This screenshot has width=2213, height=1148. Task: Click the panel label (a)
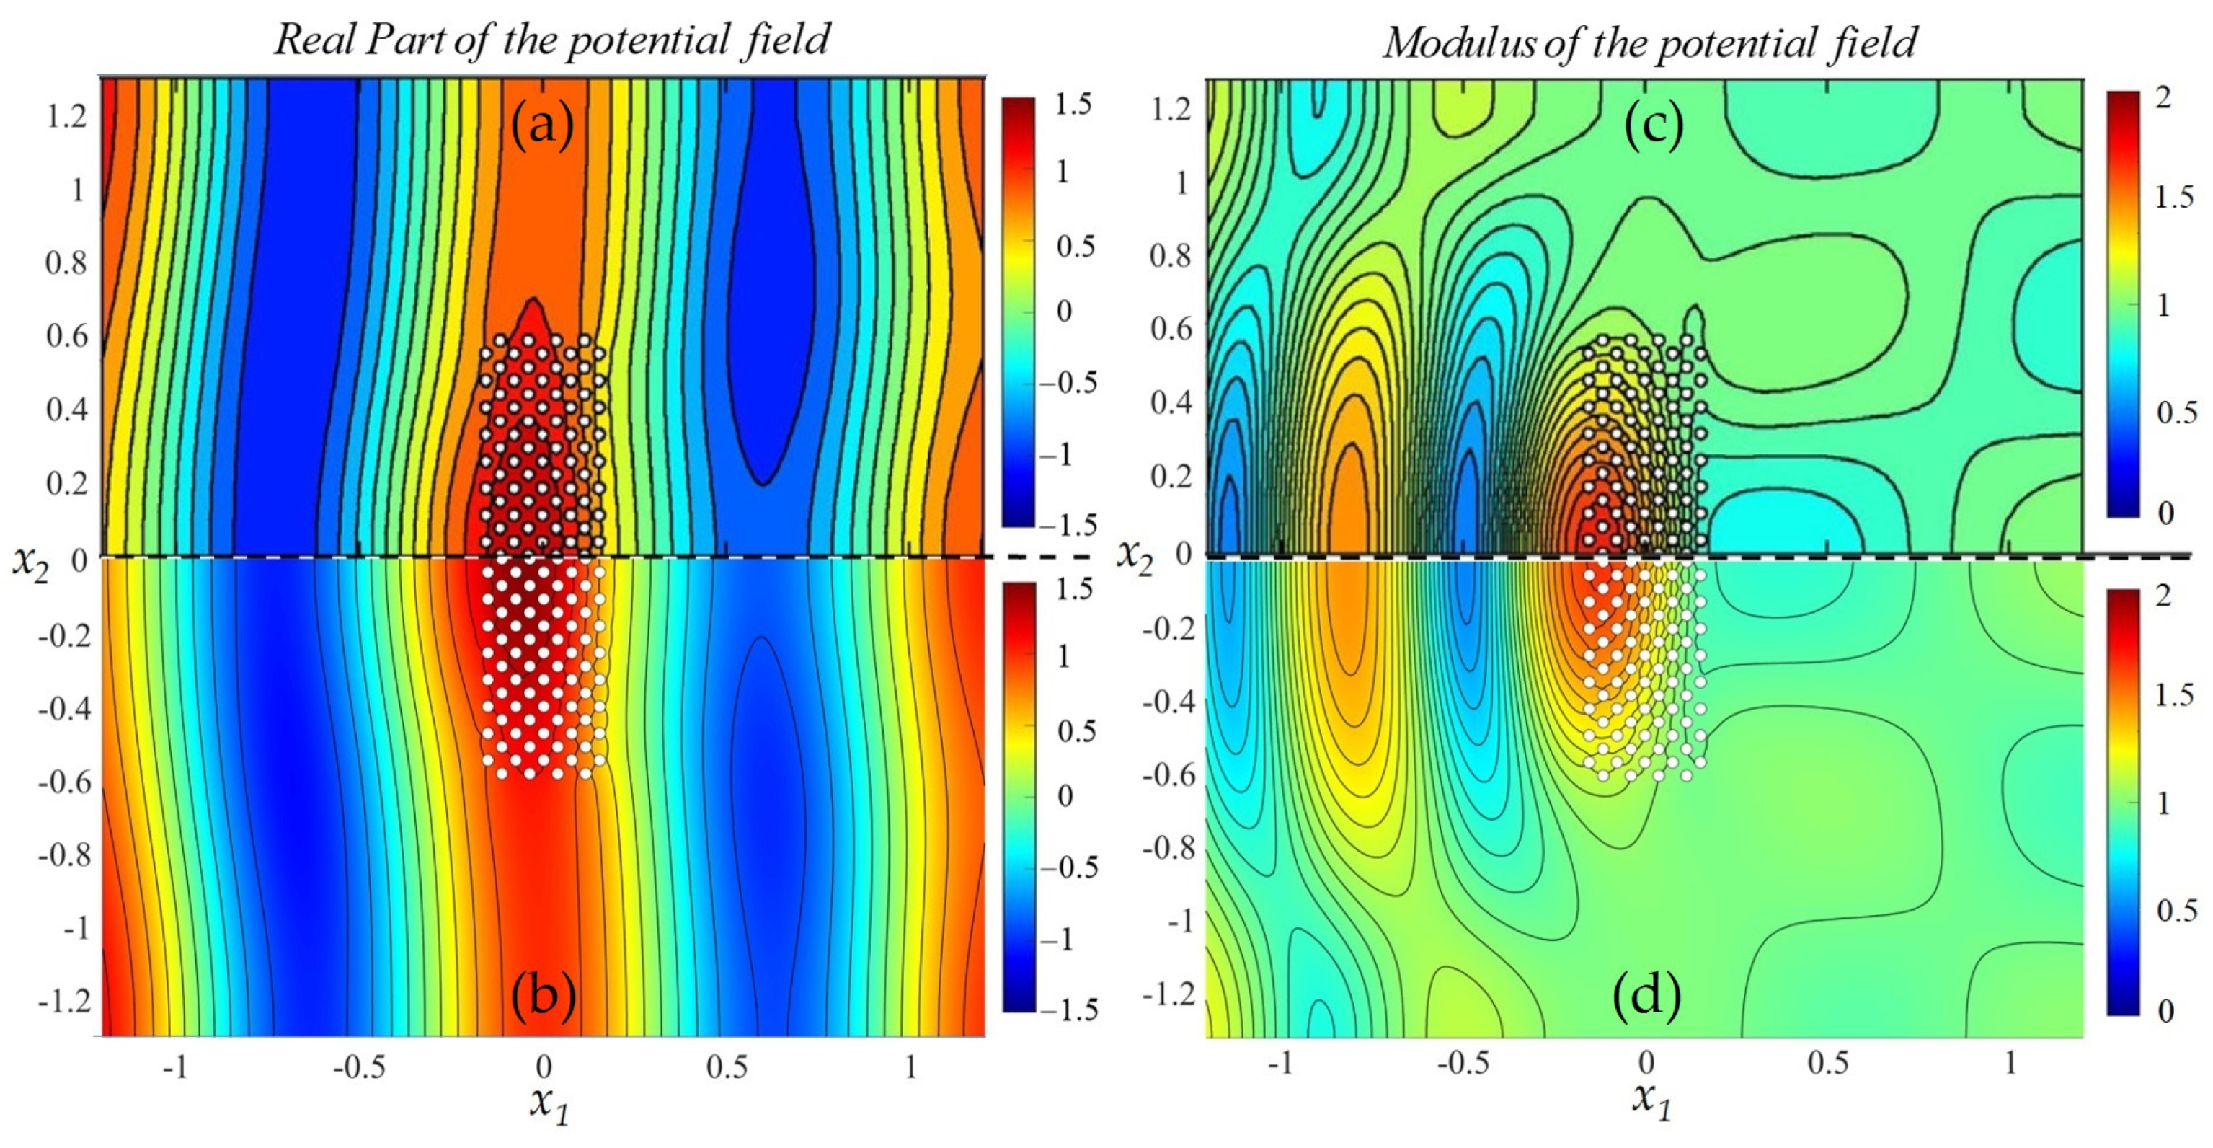tap(542, 127)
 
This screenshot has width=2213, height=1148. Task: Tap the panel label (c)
tap(1654, 127)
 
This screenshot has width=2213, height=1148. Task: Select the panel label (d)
tap(1647, 997)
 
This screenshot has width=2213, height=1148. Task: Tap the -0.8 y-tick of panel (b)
tap(63, 856)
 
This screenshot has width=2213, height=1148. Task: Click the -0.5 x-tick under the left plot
tap(359, 1068)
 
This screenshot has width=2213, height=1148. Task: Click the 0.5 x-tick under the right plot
tap(1827, 1064)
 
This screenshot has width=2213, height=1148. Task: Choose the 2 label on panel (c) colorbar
tap(2163, 97)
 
